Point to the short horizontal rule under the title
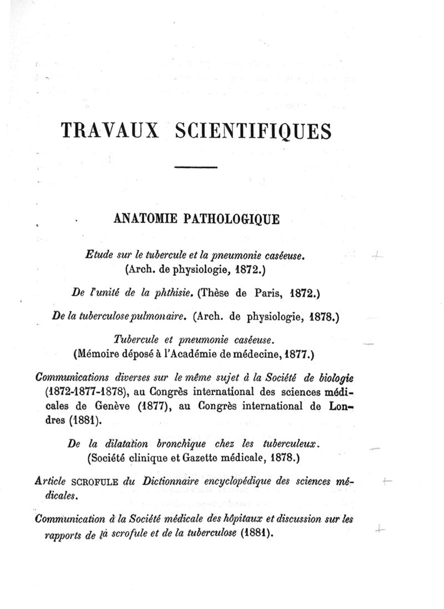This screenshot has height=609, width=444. (x=195, y=167)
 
